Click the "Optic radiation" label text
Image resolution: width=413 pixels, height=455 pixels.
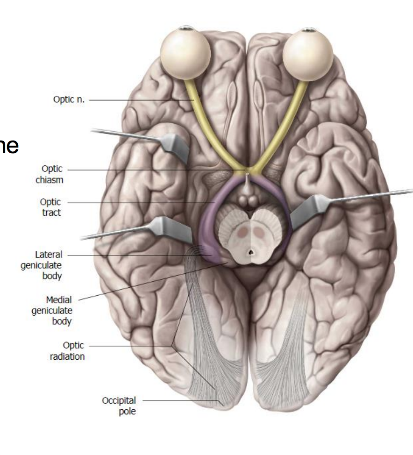tap(67, 351)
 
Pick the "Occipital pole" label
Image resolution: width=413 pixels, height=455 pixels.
tap(119, 406)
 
